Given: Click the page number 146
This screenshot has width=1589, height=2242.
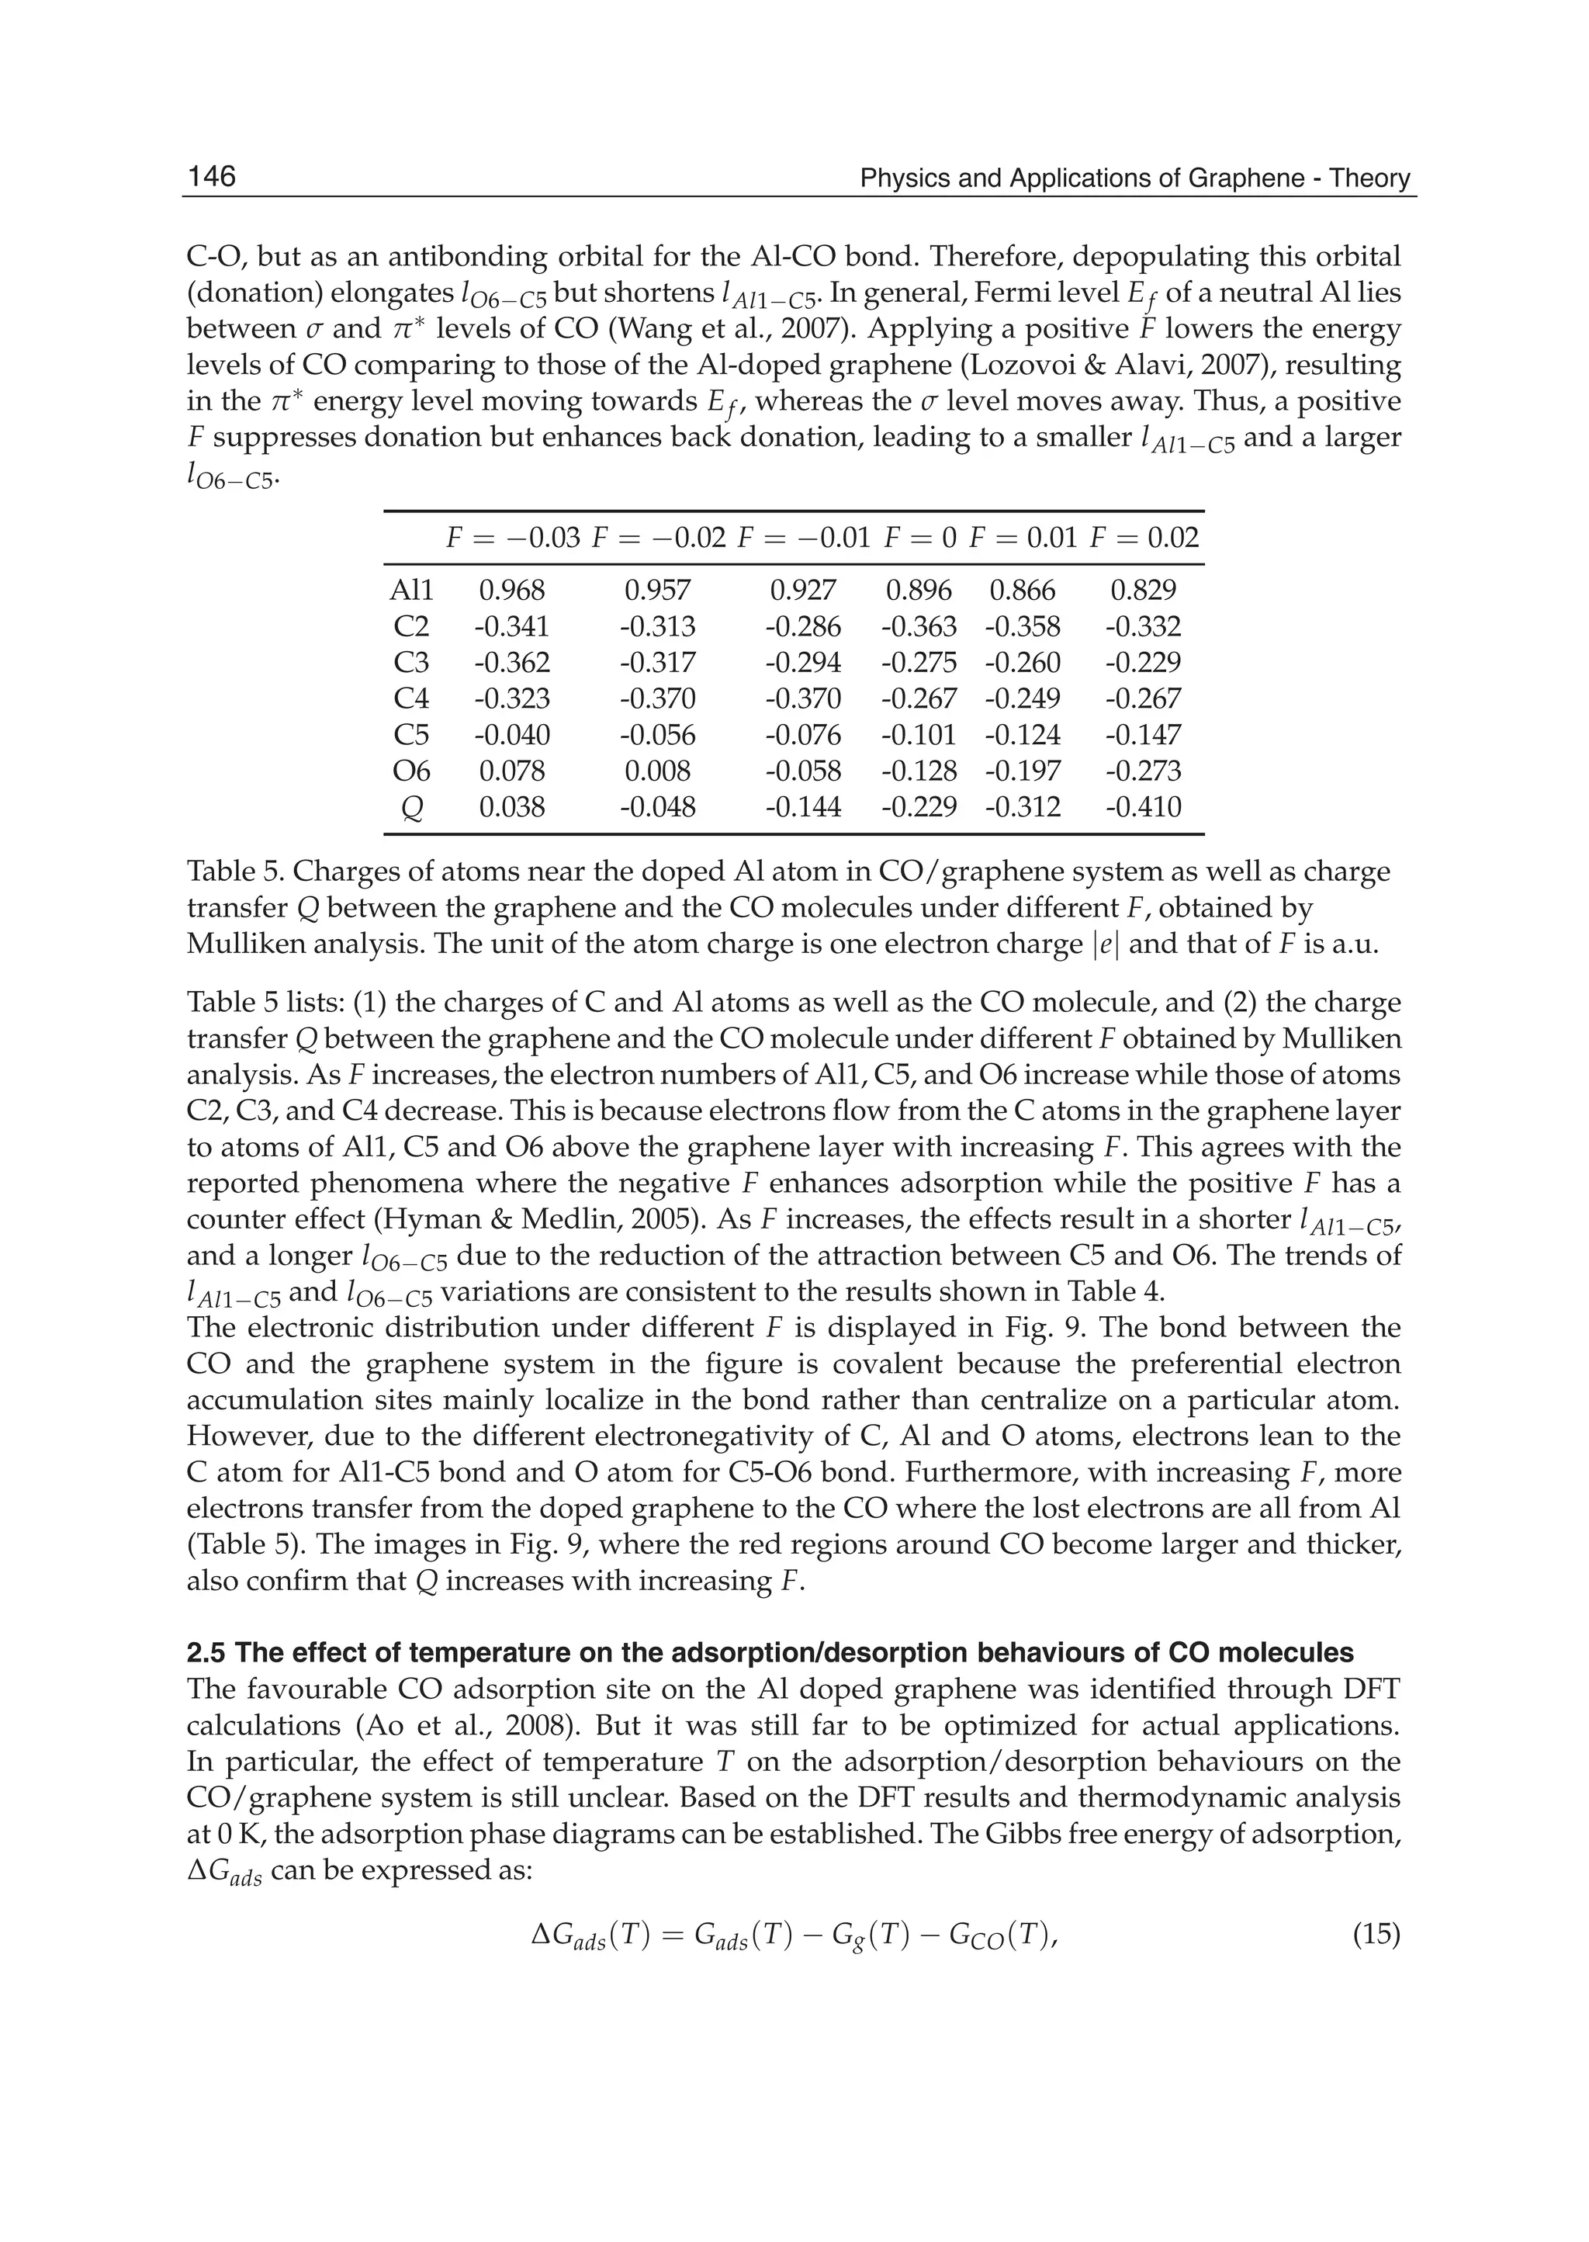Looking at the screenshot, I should pos(211,176).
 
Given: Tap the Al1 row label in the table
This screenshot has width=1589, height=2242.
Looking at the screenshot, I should pos(411,590).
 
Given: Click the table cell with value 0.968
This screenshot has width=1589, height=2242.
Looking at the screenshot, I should pos(512,590).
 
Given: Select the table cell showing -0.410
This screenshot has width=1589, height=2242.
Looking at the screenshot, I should pos(1144,807).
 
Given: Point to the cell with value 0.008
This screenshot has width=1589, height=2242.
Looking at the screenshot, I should pos(657,771).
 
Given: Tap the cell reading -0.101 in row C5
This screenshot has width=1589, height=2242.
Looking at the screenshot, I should pos(919,735).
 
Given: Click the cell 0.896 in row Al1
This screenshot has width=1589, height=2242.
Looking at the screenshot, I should pos(919,590).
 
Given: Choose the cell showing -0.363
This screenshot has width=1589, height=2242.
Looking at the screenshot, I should pos(919,626).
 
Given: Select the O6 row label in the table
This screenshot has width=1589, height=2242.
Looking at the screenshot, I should pos(411,771).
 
